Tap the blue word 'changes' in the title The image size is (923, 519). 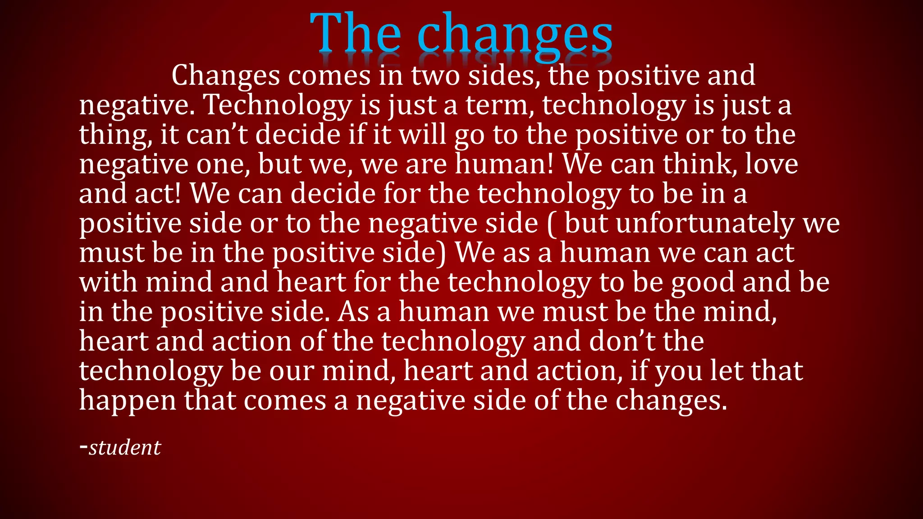tap(515, 36)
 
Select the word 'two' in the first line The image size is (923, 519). tap(435, 75)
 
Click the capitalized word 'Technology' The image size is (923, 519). tap(278, 105)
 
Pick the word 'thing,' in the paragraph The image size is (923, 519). tap(115, 135)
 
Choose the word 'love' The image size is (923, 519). tap(771, 164)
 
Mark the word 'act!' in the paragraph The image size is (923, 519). tap(158, 194)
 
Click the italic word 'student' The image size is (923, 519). tap(124, 447)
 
